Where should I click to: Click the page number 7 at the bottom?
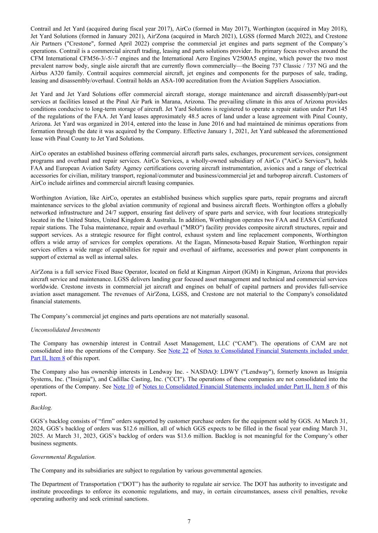(x=189, y=521)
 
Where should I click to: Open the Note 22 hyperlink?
(x=178, y=351)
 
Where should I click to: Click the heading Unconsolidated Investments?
(x=65, y=330)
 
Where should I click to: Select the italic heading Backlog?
(x=41, y=408)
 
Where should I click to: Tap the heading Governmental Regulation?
(x=63, y=457)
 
